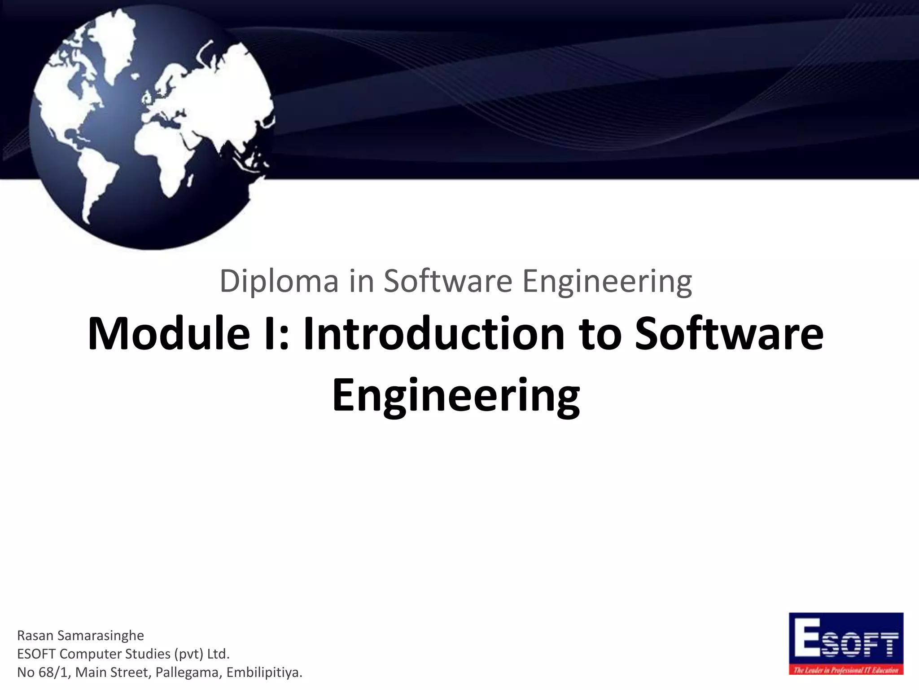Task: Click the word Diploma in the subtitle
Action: [279, 282]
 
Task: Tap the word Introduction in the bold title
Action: [433, 335]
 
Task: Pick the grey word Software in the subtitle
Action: [447, 282]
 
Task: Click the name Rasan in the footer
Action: [35, 636]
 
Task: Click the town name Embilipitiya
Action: [264, 672]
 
